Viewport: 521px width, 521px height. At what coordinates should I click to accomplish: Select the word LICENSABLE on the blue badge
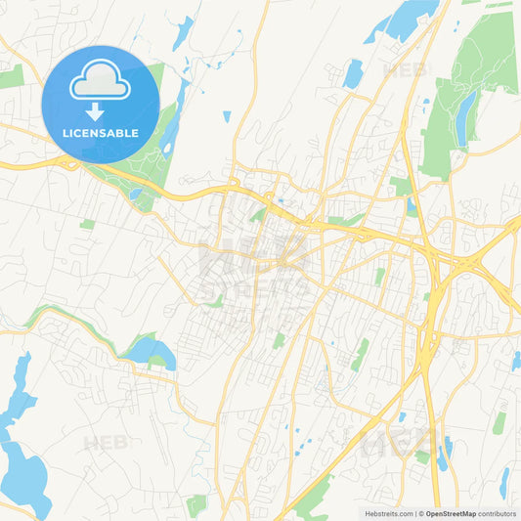[x=101, y=132]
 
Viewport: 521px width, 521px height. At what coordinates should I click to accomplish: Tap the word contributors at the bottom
[x=498, y=513]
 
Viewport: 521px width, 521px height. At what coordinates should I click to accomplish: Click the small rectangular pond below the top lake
[x=353, y=73]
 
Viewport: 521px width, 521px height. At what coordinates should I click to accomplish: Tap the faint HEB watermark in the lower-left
[x=105, y=443]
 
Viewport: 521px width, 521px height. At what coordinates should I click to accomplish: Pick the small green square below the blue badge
[x=88, y=224]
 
